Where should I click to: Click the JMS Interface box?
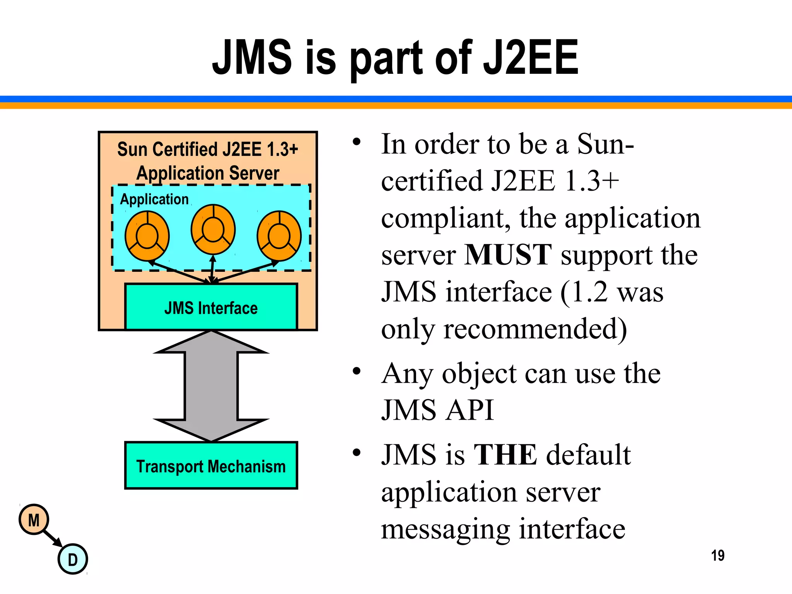pos(211,307)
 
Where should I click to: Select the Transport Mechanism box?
pos(211,466)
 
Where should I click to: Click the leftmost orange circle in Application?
pos(147,236)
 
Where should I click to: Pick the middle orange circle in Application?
pos(213,229)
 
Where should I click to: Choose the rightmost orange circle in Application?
pos(279,236)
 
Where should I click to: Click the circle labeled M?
pos(34,520)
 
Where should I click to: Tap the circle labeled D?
pos(73,559)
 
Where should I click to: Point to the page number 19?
pos(717,555)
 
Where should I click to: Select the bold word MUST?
pos(508,254)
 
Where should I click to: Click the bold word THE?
pos(505,454)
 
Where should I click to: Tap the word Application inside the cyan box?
pos(154,199)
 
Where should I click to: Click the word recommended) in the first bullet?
pos(535,329)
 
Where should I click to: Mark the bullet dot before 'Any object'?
pos(357,371)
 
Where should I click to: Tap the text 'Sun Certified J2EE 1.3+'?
pos(208,149)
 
